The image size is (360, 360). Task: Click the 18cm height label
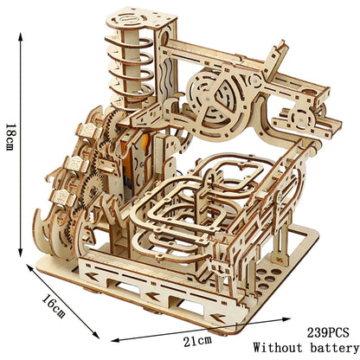pos(10,138)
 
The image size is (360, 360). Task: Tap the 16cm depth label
pos(54,306)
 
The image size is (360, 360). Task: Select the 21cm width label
pos(197,341)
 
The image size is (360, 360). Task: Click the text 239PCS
pos(328,332)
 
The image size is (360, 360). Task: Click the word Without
pos(278,347)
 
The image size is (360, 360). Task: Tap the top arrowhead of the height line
pos(20,36)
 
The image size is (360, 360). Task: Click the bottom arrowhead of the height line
pos(20,253)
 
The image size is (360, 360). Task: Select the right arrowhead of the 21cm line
pos(286,319)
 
